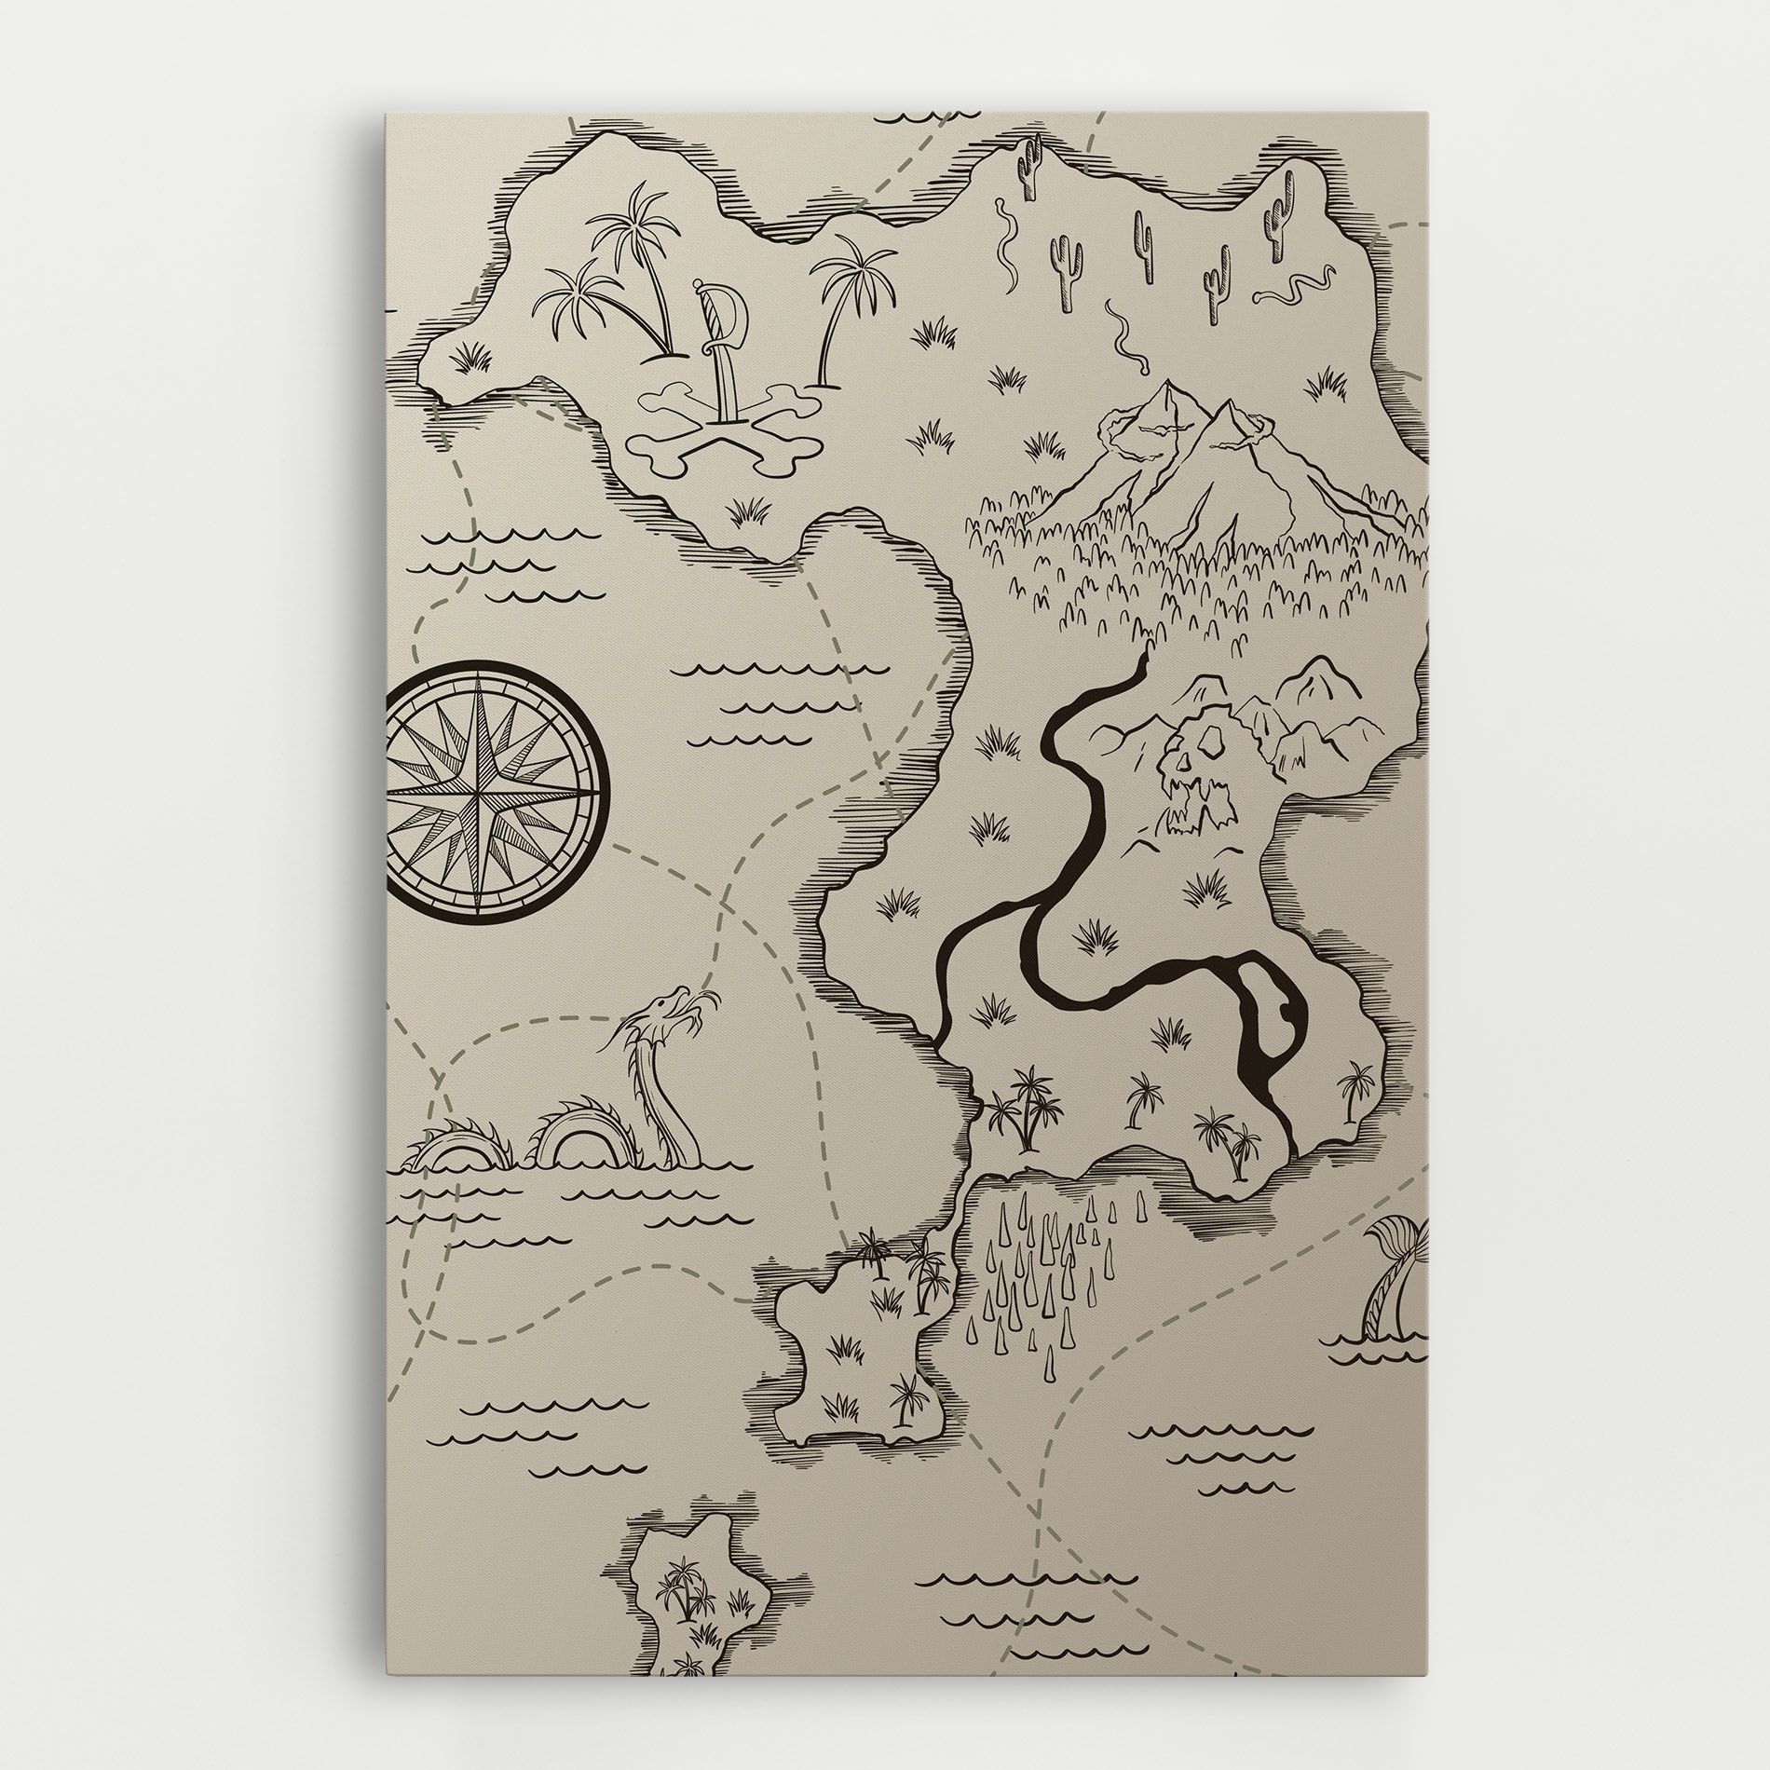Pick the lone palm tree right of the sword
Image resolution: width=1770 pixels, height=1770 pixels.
[x=841, y=298]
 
